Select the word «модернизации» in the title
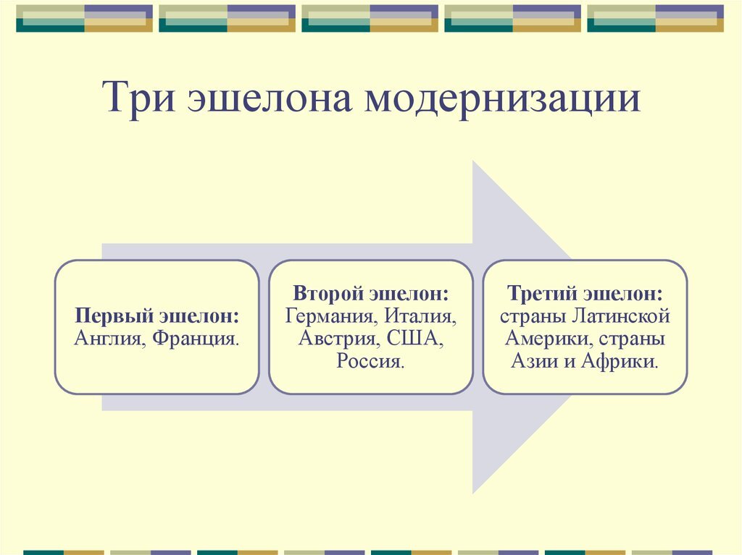[x=501, y=100]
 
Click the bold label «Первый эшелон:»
[x=157, y=317]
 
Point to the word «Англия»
[x=109, y=337]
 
